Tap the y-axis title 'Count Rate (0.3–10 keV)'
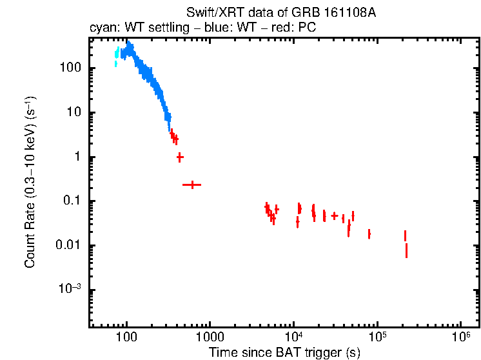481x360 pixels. [x=30, y=183]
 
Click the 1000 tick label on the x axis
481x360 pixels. [x=210, y=337]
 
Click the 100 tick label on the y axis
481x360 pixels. [x=70, y=68]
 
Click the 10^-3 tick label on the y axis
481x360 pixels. [x=68, y=289]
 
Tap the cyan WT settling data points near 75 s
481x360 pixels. [x=117, y=56]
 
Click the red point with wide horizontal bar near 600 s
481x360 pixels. [x=191, y=185]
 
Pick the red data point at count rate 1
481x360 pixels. [x=180, y=157]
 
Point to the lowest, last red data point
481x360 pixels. [x=406, y=250]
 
